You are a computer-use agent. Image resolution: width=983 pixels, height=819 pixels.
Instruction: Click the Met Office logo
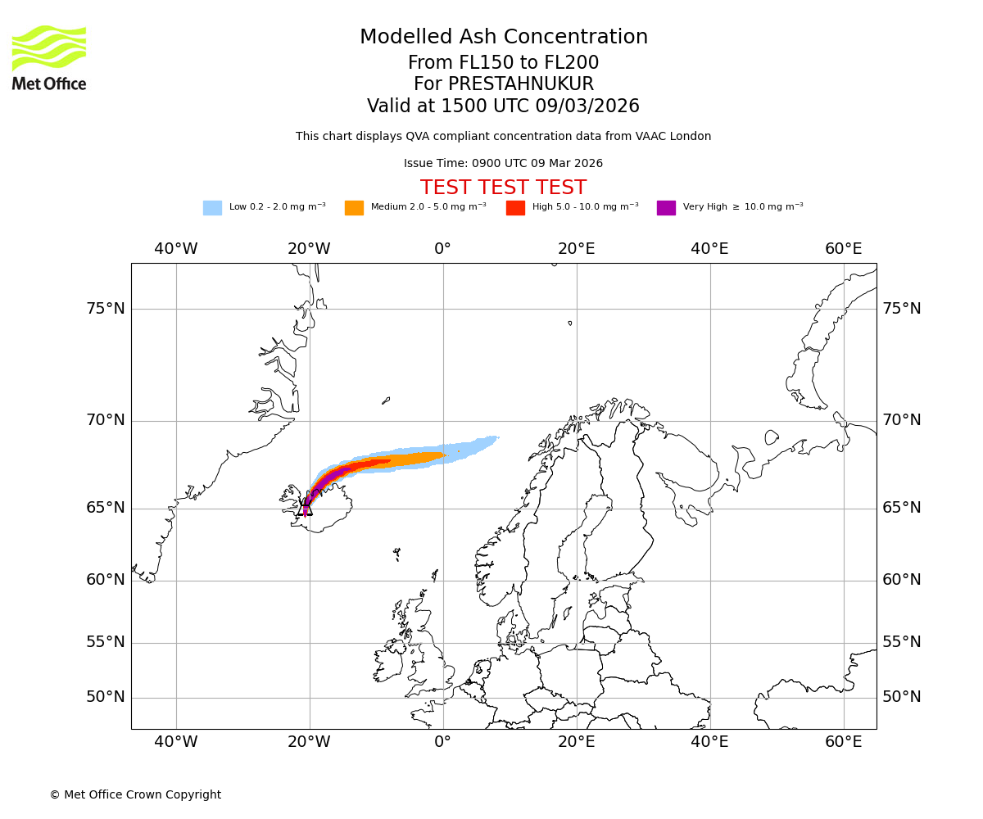click(x=49, y=57)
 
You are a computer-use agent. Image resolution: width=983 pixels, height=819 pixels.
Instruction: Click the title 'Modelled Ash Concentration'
click(x=503, y=38)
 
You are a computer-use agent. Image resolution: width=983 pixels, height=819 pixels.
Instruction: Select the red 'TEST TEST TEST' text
click(x=503, y=188)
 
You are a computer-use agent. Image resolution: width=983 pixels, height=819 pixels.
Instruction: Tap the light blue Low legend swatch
click(x=212, y=208)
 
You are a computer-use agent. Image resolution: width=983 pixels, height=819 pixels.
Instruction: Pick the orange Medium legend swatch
click(x=354, y=208)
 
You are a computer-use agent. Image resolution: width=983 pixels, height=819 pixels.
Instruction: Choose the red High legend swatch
click(x=515, y=208)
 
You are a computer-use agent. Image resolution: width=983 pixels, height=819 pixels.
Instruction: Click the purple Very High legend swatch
click(x=666, y=208)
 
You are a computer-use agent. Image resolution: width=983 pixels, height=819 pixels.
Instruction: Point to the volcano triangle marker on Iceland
click(x=306, y=508)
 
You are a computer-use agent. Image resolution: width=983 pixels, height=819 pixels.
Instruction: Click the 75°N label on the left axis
click(x=106, y=309)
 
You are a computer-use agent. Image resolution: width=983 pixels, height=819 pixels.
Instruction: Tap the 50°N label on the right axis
click(x=902, y=697)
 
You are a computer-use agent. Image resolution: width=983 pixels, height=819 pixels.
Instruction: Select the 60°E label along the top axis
click(x=843, y=249)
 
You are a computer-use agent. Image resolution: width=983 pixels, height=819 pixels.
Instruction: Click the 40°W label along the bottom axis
click(x=175, y=742)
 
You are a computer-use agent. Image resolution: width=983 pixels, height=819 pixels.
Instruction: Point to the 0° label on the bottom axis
click(x=442, y=742)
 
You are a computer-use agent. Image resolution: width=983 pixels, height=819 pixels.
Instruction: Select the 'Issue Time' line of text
click(x=503, y=164)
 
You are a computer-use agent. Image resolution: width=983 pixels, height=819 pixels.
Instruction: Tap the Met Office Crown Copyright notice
click(x=135, y=795)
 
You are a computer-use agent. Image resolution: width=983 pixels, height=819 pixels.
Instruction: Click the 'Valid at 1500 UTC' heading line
click(x=503, y=106)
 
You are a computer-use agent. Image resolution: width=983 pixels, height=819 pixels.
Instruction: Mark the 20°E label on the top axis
click(x=576, y=249)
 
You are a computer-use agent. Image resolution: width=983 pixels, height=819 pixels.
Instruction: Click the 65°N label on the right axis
click(x=902, y=508)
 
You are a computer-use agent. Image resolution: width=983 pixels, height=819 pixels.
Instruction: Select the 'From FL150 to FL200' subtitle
click(x=503, y=63)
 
